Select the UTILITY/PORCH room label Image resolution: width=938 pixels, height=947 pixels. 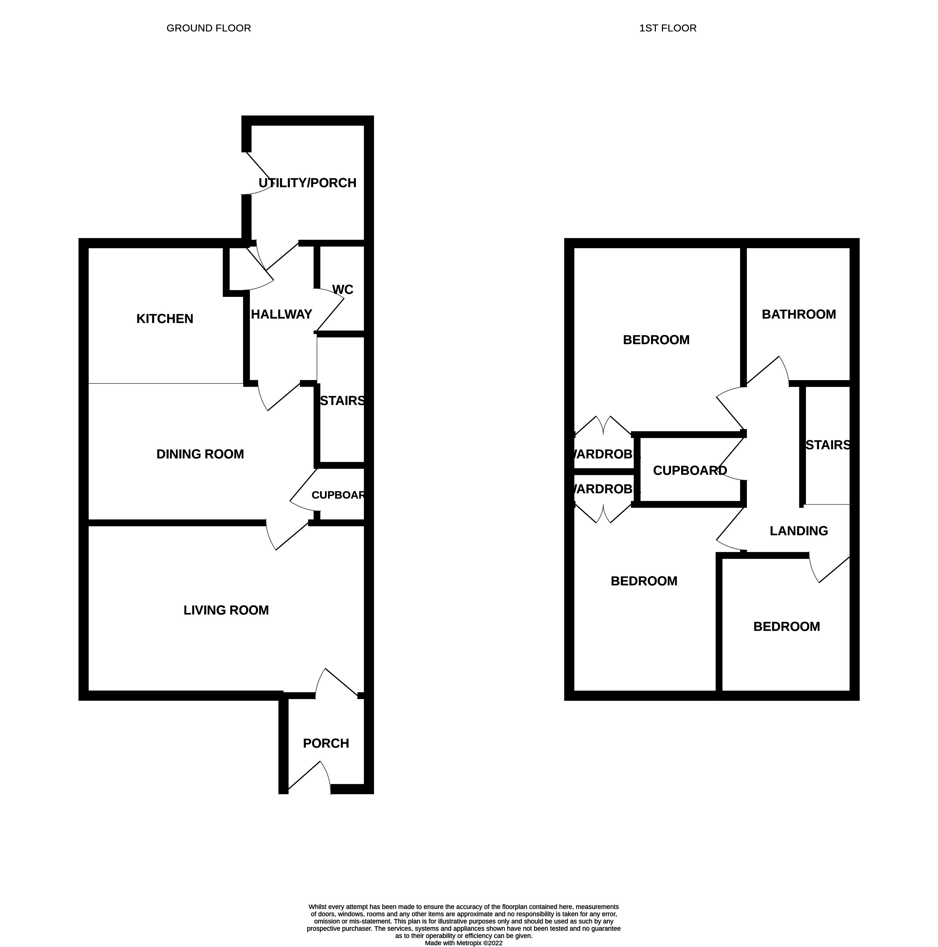(307, 183)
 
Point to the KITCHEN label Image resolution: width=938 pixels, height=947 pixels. (165, 319)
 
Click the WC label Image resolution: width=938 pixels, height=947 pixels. (343, 290)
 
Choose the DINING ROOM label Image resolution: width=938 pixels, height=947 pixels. (200, 454)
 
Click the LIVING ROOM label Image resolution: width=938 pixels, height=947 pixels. (226, 610)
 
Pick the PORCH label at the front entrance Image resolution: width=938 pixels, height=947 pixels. (326, 743)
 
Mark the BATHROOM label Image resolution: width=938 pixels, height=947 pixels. (798, 314)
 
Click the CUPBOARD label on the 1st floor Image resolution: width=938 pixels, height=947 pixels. (690, 470)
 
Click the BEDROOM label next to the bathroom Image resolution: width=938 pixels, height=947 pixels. (656, 340)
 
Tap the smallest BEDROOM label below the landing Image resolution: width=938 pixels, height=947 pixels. (786, 627)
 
